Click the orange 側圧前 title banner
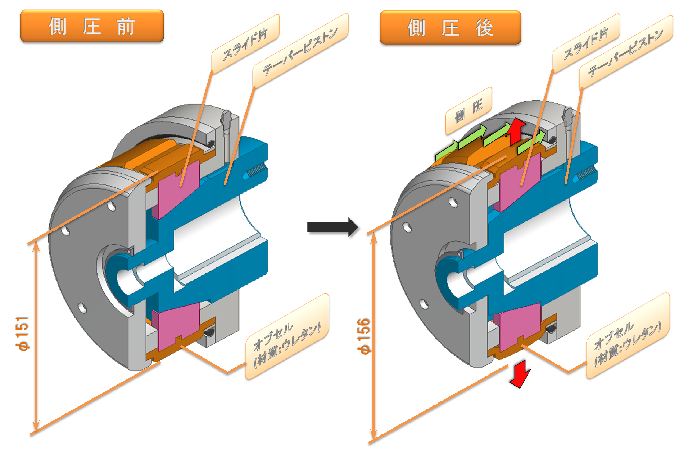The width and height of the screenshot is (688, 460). click(92, 26)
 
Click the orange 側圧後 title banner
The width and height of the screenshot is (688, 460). click(450, 28)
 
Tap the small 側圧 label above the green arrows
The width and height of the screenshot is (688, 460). click(469, 111)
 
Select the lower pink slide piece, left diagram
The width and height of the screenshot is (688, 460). click(176, 326)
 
